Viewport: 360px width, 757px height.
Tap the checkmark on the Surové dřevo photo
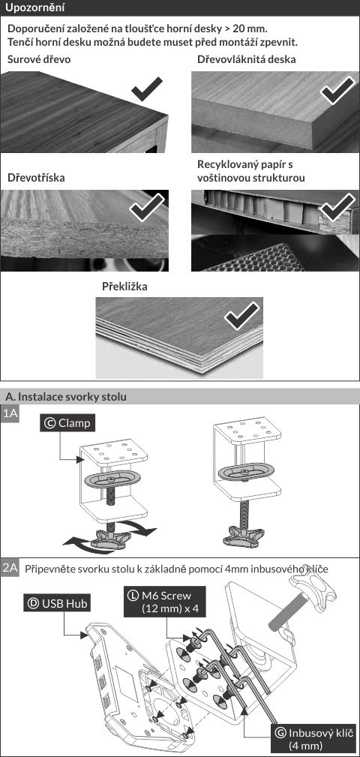147,88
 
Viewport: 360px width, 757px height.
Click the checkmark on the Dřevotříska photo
147,209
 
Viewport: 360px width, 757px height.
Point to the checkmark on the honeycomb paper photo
337,208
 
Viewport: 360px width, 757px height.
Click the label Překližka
124,287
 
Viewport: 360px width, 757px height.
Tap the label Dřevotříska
36,178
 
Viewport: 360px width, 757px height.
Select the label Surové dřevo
39,60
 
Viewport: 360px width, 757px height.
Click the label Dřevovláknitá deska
247,60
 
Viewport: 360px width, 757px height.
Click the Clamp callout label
67,423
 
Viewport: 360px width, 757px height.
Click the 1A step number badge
10,414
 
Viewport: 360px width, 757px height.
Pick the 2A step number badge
10,568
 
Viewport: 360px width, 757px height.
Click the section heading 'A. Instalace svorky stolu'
66,397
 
